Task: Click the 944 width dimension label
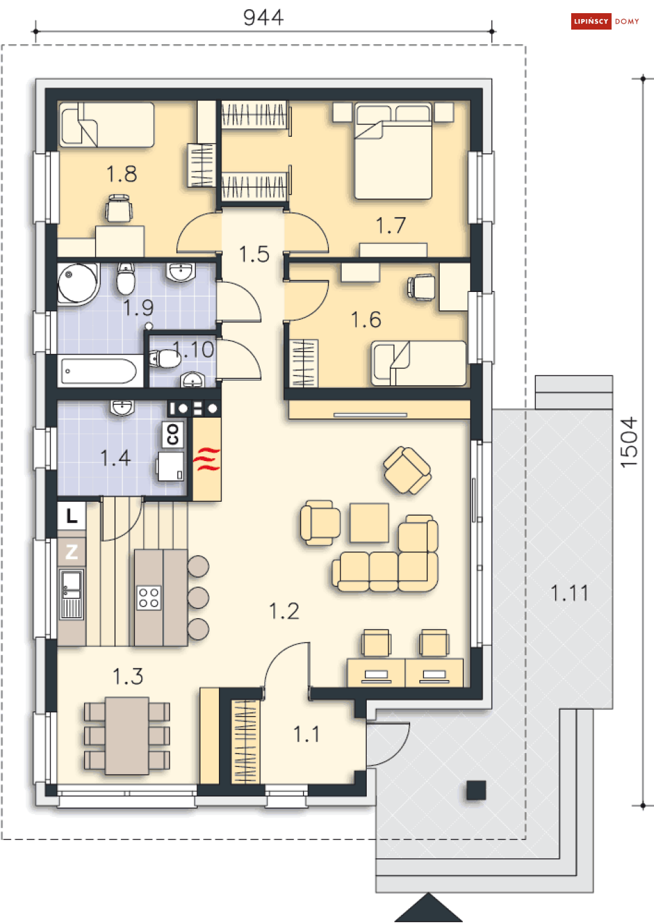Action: (x=264, y=18)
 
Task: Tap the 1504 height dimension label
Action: (x=629, y=443)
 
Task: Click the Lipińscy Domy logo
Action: (x=605, y=22)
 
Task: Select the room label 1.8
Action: (x=122, y=174)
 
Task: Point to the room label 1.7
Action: (x=391, y=226)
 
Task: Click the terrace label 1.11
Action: (x=569, y=593)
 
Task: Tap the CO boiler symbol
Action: (x=173, y=434)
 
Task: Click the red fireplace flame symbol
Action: (x=206, y=458)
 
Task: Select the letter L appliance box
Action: (x=72, y=516)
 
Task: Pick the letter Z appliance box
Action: (x=72, y=552)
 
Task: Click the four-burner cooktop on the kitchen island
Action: (x=149, y=598)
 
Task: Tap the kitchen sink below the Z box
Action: (x=72, y=595)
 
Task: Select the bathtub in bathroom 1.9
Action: (x=99, y=371)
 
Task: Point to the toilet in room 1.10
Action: (x=165, y=359)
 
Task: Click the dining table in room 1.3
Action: (x=127, y=736)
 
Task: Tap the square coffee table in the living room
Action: (x=369, y=523)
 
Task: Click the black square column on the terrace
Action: (x=477, y=790)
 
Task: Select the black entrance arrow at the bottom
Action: (x=429, y=908)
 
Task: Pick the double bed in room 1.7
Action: (x=394, y=151)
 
